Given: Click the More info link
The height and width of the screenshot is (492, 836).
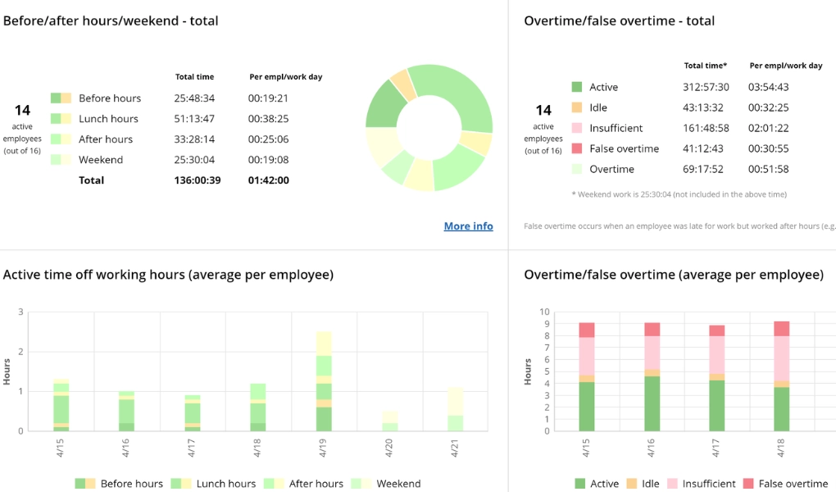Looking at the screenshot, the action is (468, 226).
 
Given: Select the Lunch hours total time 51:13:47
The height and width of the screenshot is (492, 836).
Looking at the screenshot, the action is (194, 119).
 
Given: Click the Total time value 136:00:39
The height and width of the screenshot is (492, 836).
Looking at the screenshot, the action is (197, 180).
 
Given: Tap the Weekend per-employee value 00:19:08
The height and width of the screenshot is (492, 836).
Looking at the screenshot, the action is (268, 160).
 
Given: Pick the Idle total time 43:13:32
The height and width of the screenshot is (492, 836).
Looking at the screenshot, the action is (702, 107).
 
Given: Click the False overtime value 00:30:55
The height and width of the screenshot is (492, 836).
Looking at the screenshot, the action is (768, 148).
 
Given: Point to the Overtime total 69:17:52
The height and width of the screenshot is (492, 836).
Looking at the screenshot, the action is (702, 169).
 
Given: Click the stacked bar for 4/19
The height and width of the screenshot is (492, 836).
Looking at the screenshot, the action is (324, 381).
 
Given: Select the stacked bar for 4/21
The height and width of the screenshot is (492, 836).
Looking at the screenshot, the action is (455, 409).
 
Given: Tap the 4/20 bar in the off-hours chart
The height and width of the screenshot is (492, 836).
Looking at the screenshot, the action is (389, 421).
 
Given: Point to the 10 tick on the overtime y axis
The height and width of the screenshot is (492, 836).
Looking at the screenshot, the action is (543, 312).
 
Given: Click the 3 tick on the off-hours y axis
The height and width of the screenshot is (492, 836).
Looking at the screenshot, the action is (20, 312).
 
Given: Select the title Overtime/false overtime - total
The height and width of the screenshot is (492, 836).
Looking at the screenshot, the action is (619, 20).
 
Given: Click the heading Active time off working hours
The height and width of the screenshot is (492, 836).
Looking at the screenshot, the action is (168, 275).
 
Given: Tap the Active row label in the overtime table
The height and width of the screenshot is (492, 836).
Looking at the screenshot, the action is (604, 87).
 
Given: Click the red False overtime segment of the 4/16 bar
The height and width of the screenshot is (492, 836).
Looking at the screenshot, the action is (652, 330).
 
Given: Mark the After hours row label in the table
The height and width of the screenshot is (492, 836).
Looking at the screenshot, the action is (105, 139).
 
